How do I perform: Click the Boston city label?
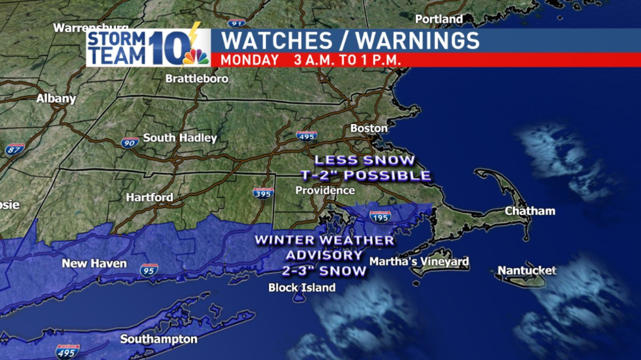[369, 128]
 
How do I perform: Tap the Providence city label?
[325, 190]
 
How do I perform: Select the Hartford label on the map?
[150, 197]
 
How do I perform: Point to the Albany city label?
[56, 99]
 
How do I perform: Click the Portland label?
[439, 19]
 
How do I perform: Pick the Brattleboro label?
[188, 79]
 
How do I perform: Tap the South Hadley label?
[180, 138]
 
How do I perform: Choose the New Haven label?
[94, 263]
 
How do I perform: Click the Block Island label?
[302, 287]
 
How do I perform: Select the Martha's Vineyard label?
[419, 262]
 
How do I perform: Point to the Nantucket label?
[527, 270]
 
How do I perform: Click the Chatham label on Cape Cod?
[530, 211]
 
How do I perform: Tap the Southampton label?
[159, 339]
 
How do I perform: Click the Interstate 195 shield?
[380, 217]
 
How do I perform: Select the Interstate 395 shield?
[263, 194]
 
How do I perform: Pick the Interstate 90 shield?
[129, 142]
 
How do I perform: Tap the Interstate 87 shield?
[14, 149]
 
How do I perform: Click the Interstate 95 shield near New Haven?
[148, 269]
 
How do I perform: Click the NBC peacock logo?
[195, 55]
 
